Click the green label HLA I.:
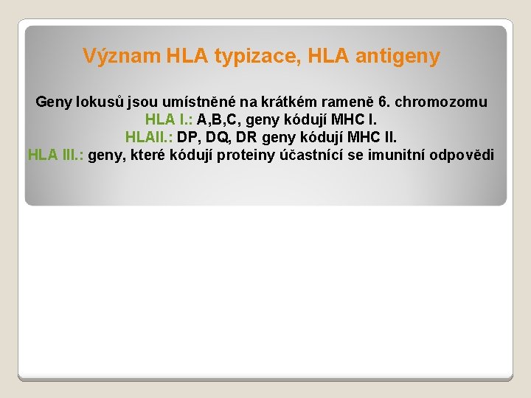(x=170, y=119)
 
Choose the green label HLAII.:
(x=150, y=137)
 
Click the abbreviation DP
(x=188, y=137)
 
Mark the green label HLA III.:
(x=56, y=155)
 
